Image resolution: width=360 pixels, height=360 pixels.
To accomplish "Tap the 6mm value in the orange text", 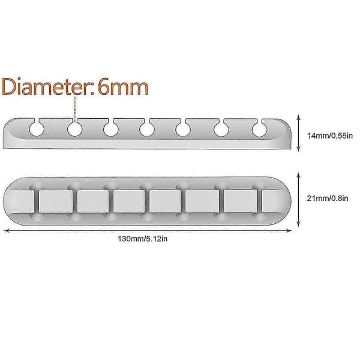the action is click(x=123, y=87).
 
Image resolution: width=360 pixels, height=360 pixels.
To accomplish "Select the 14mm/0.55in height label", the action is click(x=329, y=136).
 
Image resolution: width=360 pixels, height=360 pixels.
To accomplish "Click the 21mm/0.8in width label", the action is click(x=328, y=198).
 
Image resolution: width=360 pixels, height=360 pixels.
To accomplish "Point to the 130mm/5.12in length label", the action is click(x=142, y=239).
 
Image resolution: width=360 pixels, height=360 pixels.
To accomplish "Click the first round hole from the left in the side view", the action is click(x=37, y=129).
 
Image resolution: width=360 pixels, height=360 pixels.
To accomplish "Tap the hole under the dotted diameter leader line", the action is click(x=75, y=129).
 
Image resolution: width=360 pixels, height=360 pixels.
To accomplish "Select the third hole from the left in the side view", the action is click(x=111, y=129).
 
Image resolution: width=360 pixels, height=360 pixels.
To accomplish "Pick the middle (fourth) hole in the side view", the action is click(x=147, y=129).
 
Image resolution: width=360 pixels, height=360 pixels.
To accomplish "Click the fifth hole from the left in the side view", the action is click(x=183, y=129).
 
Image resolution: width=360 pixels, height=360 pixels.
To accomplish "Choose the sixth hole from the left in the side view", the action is click(x=221, y=129).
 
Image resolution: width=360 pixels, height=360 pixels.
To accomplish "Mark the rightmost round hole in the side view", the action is click(x=259, y=129).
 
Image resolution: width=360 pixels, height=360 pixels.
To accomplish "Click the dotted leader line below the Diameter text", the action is click(x=75, y=109).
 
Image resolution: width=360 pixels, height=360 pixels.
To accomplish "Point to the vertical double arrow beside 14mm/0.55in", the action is click(x=298, y=133).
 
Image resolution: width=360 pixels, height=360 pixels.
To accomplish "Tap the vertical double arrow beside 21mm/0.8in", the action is click(x=298, y=200).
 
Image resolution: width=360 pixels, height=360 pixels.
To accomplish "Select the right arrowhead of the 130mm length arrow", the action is click(x=289, y=230).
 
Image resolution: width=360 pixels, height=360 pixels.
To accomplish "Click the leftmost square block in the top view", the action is click(x=56, y=202).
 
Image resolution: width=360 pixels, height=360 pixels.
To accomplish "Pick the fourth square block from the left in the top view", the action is click(x=165, y=202).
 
